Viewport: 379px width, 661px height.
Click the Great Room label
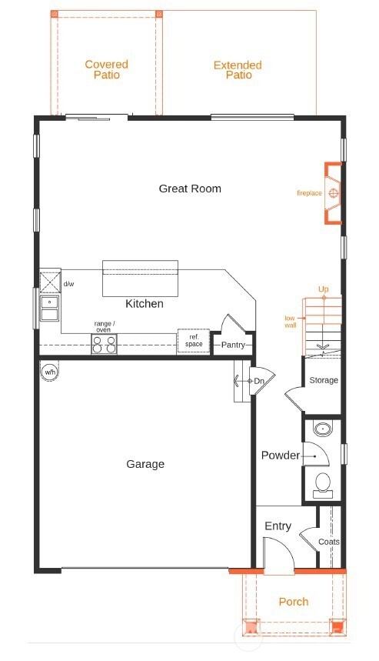tap(190, 189)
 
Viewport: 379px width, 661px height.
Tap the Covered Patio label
tap(106, 69)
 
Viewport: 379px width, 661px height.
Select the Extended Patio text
tap(238, 70)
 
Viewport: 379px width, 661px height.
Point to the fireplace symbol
tap(332, 193)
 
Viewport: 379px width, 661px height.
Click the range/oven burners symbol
tap(105, 344)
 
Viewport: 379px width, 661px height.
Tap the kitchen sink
tap(50, 308)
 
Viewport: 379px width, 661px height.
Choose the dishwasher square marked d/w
tap(50, 282)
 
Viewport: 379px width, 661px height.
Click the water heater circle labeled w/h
tap(50, 372)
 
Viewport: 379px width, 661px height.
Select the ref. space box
tap(194, 341)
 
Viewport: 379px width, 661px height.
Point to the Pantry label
tap(233, 345)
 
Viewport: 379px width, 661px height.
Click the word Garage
tap(145, 464)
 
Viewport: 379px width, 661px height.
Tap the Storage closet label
tap(324, 380)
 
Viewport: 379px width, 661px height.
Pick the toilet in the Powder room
tap(324, 484)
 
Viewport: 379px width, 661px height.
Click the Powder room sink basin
tap(323, 429)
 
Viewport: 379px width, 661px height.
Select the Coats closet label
tap(329, 542)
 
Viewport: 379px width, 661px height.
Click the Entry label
tap(278, 526)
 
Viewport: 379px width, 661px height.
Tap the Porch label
tap(294, 602)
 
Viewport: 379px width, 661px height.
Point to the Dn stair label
tap(259, 381)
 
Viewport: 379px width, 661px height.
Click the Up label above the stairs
tap(324, 289)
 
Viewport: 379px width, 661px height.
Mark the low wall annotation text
tap(290, 322)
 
